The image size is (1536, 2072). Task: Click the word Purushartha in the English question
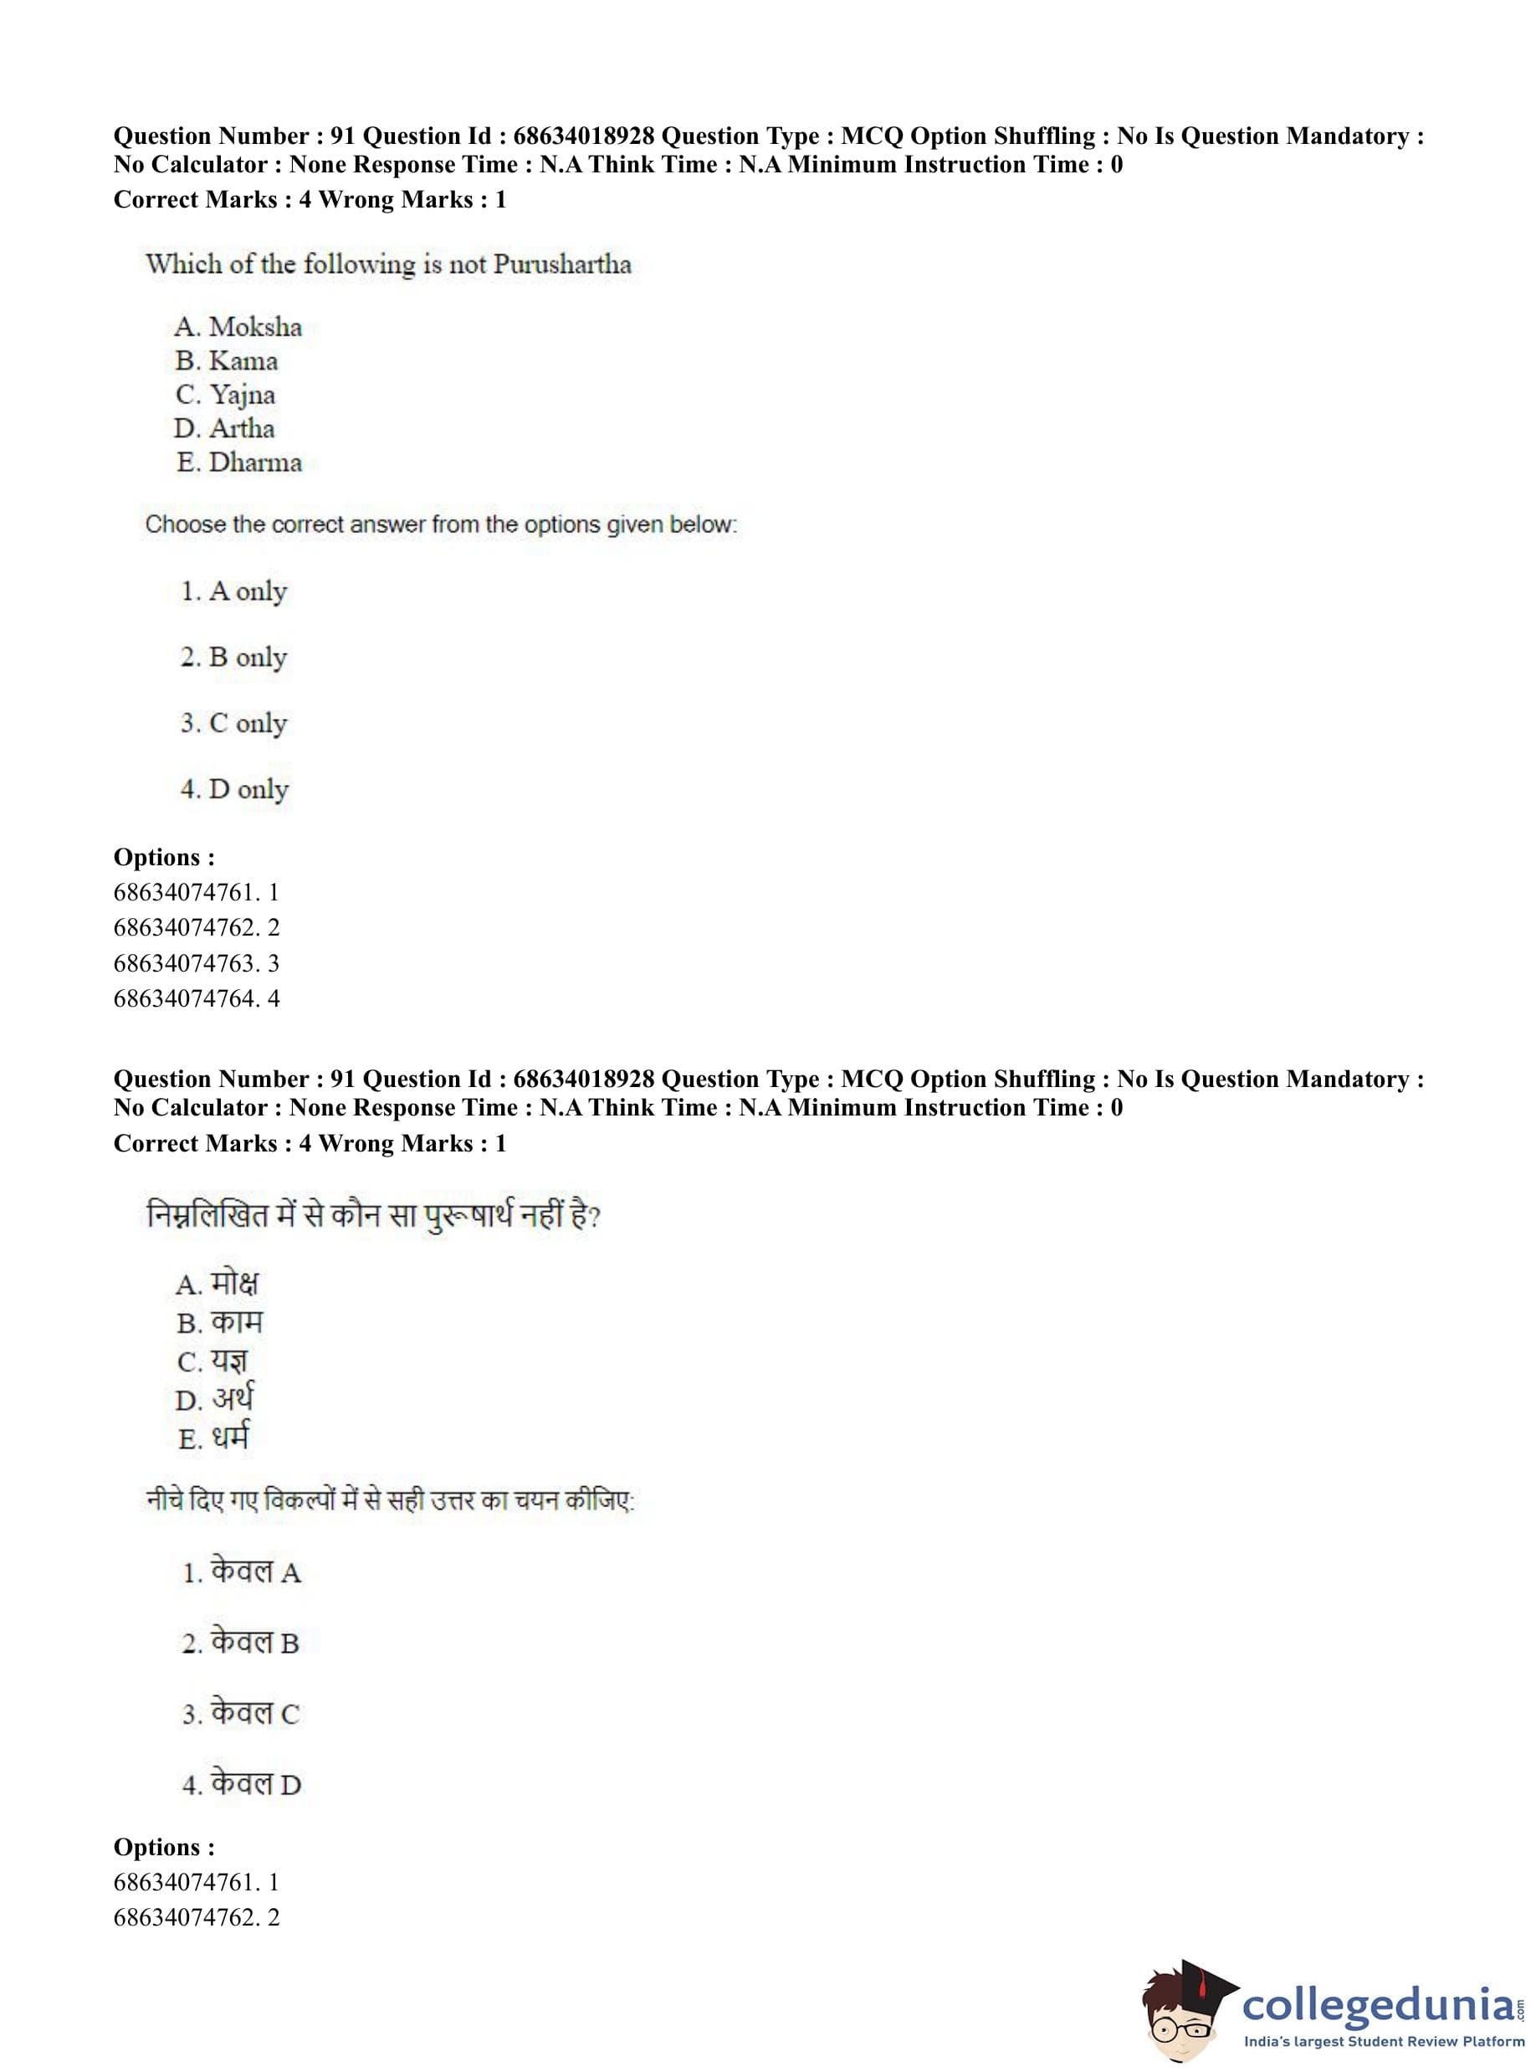(561, 264)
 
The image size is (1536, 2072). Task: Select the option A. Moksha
(238, 327)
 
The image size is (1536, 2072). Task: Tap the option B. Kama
(226, 361)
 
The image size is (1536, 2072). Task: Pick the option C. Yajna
(225, 395)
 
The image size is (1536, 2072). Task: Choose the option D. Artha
(224, 428)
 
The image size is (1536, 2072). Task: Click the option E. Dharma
(239, 462)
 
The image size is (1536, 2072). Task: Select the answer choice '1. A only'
(233, 592)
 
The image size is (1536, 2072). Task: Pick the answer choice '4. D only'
(234, 788)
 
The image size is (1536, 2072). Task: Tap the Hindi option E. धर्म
(214, 1438)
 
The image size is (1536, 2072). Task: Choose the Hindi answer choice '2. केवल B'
(241, 1643)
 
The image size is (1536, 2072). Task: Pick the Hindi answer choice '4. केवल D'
(242, 1783)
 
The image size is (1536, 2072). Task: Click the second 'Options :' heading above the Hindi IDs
(164, 1847)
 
